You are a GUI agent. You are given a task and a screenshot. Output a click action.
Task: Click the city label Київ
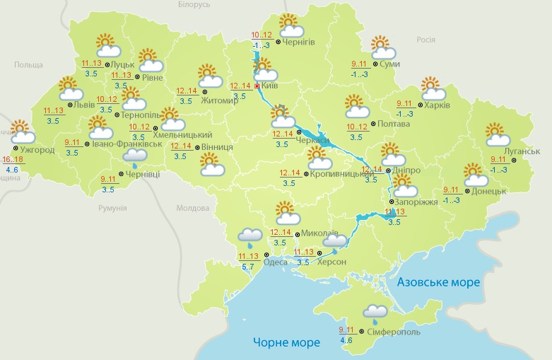coord(269,86)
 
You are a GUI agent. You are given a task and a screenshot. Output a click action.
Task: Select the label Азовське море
coord(438,282)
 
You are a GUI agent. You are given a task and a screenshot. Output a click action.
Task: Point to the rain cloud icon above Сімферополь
coord(375,313)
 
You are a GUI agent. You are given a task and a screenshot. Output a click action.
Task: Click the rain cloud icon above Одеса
coord(249,236)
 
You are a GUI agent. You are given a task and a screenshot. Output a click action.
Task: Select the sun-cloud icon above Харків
coord(433,90)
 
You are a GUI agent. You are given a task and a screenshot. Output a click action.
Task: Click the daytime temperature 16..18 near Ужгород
coord(12,160)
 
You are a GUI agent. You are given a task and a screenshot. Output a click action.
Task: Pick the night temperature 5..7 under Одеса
coord(248,266)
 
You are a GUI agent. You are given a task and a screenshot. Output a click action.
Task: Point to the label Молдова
coord(194,209)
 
